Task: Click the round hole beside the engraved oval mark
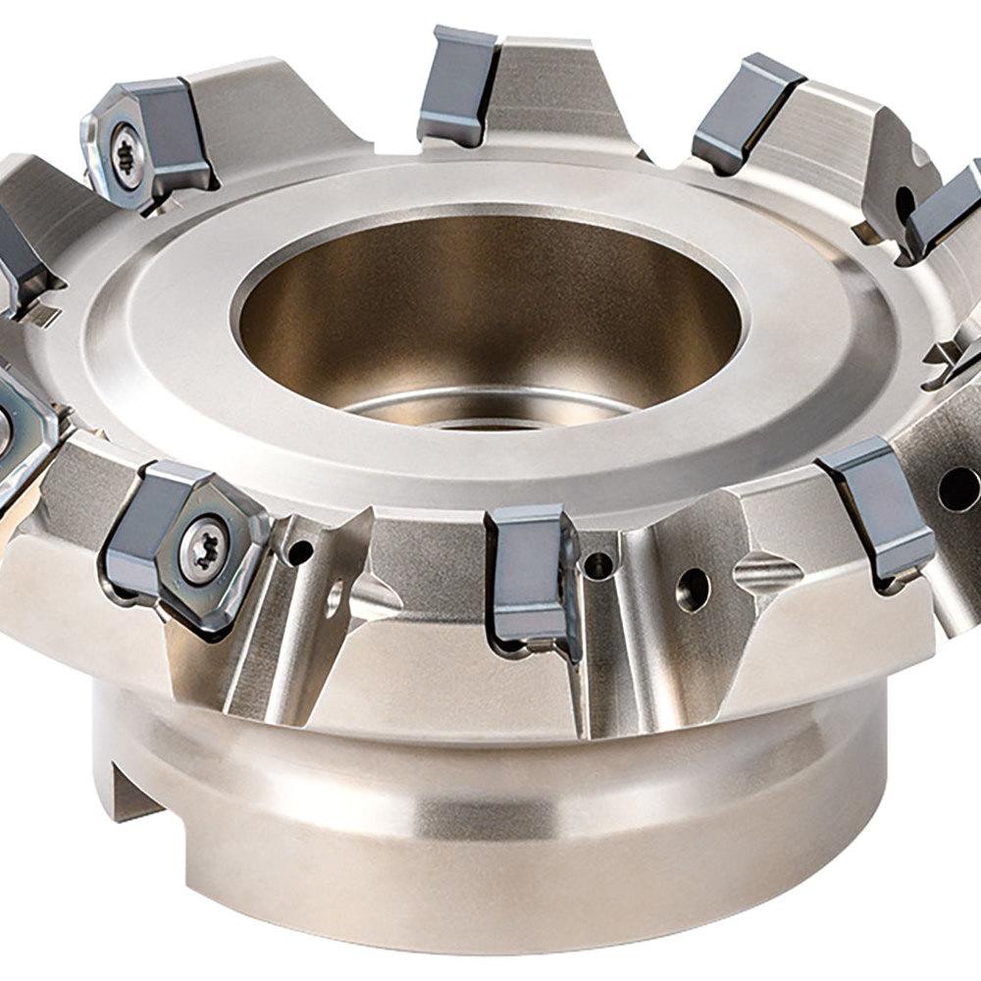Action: (x=694, y=589)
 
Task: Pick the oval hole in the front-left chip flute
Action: (x=336, y=594)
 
